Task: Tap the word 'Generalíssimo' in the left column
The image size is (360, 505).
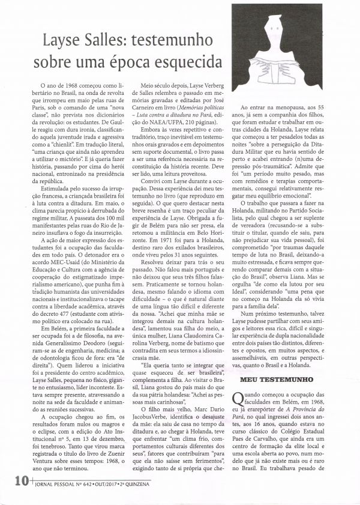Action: pyautogui.click(x=53, y=324)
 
